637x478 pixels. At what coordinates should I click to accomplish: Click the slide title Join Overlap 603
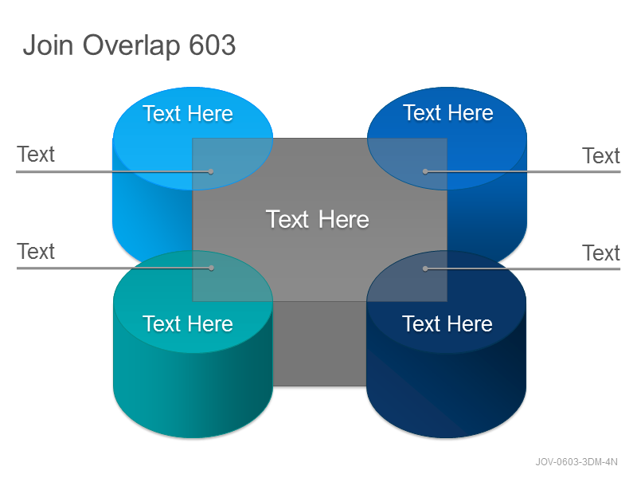pyautogui.click(x=129, y=45)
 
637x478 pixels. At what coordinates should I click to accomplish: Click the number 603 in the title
pyautogui.click(x=213, y=45)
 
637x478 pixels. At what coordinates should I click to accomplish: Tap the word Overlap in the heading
pyautogui.click(x=131, y=45)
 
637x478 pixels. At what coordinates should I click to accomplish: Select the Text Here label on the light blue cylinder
pyautogui.click(x=188, y=113)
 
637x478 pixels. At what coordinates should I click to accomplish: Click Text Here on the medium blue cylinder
pyautogui.click(x=448, y=112)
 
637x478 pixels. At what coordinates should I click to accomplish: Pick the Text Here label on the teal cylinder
pyautogui.click(x=188, y=324)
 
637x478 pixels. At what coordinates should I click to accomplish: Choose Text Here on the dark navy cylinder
pyautogui.click(x=447, y=324)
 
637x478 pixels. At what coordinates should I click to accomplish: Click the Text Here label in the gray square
pyautogui.click(x=317, y=220)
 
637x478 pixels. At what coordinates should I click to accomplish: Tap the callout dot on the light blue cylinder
pyautogui.click(x=211, y=172)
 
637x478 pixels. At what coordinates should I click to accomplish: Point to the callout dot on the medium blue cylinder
pyautogui.click(x=425, y=172)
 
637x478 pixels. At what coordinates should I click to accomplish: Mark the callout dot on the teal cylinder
pyautogui.click(x=211, y=268)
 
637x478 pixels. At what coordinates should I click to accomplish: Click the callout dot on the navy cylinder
pyautogui.click(x=425, y=268)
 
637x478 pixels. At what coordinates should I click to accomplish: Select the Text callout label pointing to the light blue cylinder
pyautogui.click(x=36, y=155)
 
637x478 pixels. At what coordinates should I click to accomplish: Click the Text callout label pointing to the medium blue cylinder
pyautogui.click(x=601, y=155)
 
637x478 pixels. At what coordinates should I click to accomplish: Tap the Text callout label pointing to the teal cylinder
pyautogui.click(x=36, y=251)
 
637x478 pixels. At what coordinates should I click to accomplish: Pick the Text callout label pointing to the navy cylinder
pyautogui.click(x=601, y=253)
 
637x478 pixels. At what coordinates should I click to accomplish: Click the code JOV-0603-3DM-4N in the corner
pyautogui.click(x=576, y=462)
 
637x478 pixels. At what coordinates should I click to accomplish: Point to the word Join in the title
pyautogui.click(x=48, y=45)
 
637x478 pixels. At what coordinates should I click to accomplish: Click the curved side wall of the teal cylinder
pyautogui.click(x=193, y=390)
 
